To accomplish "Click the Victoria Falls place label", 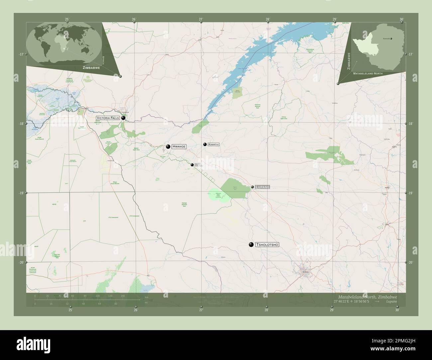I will [108, 118].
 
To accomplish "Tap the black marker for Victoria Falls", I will [123, 118].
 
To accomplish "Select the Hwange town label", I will [179, 146].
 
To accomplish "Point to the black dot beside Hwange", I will [168, 146].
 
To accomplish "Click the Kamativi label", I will [214, 144].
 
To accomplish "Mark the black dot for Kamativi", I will [205, 144].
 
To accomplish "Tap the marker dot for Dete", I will [192, 165].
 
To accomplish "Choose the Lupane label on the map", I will [263, 187].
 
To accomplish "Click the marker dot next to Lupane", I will [253, 187].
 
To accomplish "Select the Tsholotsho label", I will [267, 245].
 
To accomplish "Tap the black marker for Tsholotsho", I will [251, 245].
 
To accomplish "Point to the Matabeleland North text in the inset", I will [368, 73].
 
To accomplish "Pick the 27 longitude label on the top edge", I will [200, 19].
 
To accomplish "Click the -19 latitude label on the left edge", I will [21, 193].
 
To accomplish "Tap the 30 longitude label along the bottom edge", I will [397, 310].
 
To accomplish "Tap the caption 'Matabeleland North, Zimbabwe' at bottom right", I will [367, 297].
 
